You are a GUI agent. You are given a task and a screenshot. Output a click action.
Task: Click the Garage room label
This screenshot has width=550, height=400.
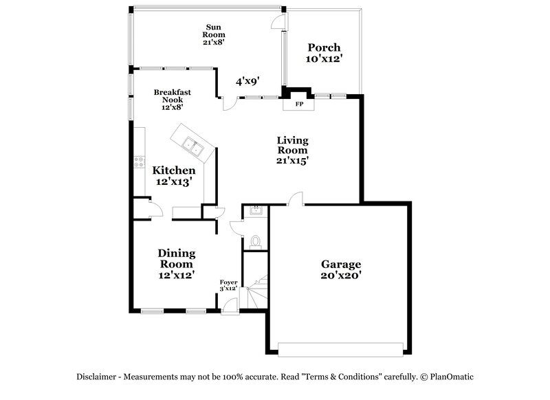point(341,264)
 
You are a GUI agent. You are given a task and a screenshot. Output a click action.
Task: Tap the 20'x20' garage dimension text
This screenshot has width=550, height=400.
point(341,275)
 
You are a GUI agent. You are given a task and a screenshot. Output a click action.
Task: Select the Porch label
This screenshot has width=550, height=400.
point(323,47)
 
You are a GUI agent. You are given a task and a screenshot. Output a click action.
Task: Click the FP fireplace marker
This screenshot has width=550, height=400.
point(299,104)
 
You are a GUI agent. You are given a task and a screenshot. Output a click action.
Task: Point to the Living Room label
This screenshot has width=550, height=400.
point(292,145)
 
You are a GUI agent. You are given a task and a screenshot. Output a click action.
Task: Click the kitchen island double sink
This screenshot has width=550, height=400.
point(192,145)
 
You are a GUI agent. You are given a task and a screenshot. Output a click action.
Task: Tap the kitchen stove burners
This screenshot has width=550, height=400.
point(138,164)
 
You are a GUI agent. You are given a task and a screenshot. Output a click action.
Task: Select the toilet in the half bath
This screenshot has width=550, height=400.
point(255,241)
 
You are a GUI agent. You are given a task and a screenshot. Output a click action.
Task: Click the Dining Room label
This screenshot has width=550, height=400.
point(176,258)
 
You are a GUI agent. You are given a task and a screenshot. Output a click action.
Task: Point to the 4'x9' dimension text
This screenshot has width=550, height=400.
point(247,81)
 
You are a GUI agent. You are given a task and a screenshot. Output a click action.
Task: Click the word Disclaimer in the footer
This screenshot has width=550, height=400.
point(96,377)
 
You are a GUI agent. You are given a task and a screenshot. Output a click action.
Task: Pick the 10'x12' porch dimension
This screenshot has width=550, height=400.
point(324,59)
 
